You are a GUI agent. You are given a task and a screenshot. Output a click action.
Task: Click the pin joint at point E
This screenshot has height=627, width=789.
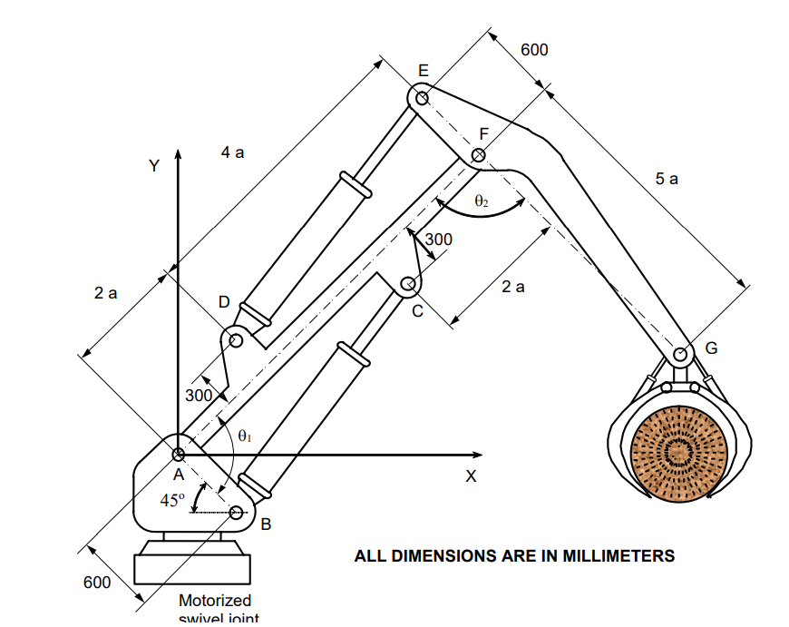(x=420, y=97)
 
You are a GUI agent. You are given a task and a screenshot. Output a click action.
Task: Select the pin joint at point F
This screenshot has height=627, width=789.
(x=479, y=156)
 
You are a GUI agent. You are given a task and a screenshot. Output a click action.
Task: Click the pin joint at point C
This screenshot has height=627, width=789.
(x=409, y=286)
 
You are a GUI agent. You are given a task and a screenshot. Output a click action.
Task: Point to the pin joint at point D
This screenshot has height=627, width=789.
(x=236, y=341)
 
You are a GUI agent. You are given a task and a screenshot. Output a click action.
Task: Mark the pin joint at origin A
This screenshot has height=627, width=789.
(x=179, y=454)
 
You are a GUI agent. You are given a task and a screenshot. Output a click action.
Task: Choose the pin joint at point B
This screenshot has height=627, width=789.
(x=237, y=513)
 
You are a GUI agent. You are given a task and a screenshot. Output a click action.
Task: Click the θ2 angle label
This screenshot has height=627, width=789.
(x=482, y=201)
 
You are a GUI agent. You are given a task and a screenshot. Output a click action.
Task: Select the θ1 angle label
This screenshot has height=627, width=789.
(x=244, y=436)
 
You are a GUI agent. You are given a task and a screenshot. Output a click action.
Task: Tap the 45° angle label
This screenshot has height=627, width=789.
(x=172, y=500)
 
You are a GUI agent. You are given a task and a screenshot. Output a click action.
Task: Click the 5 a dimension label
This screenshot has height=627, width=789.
(x=667, y=179)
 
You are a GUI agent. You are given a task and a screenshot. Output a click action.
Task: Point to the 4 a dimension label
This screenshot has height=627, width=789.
(x=232, y=152)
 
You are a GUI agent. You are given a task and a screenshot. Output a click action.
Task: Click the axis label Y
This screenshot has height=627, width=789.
(x=154, y=166)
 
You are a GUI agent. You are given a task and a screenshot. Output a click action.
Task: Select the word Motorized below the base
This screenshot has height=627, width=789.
(x=215, y=600)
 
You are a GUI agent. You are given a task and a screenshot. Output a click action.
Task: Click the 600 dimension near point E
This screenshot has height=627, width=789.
(x=534, y=50)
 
